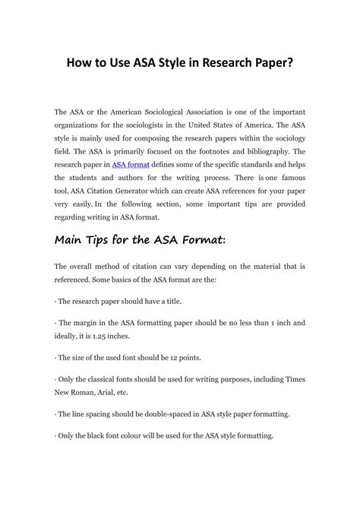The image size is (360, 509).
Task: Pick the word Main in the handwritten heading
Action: [x=73, y=242]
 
